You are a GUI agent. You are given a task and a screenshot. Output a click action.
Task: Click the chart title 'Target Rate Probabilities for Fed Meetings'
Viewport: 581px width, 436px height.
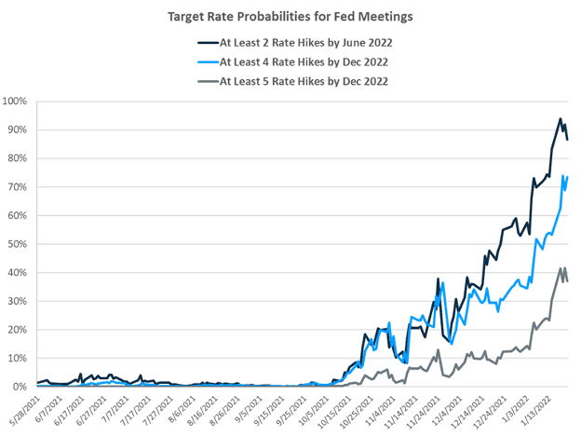290,15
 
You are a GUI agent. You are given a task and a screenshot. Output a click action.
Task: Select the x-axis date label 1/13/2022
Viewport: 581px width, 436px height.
544,413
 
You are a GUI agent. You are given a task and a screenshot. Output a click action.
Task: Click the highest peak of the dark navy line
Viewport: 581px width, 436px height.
560,118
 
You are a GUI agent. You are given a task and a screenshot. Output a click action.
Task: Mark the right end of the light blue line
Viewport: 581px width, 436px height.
568,176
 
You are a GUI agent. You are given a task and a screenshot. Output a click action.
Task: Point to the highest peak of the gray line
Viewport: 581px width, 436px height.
561,268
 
